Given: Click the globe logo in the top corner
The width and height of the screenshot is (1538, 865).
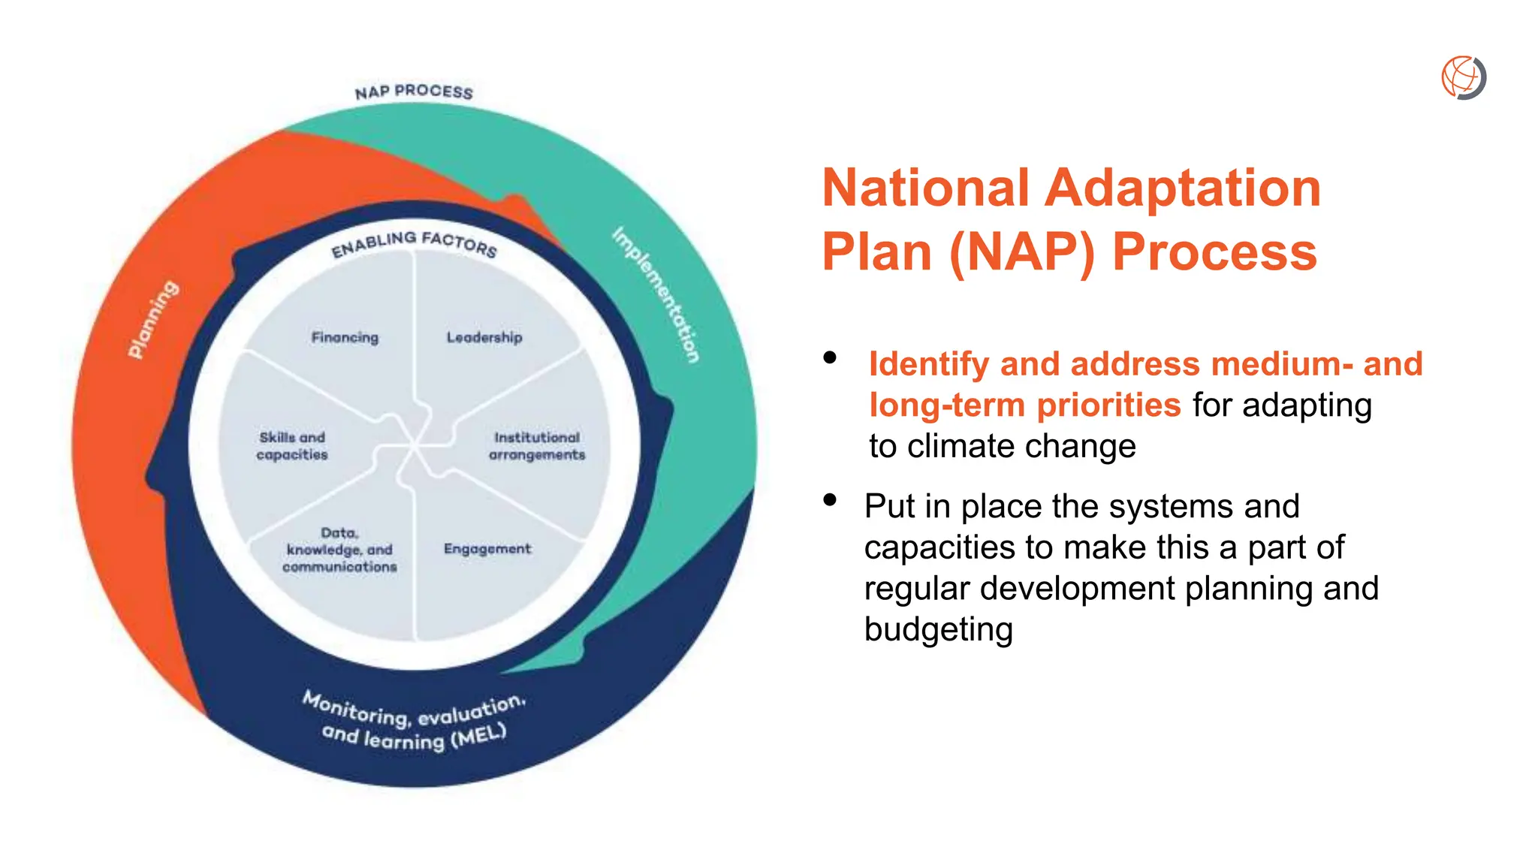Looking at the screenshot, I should click(1464, 77).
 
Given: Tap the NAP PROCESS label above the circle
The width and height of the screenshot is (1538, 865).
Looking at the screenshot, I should click(414, 92).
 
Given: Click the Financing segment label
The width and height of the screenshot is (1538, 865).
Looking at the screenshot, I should click(345, 337).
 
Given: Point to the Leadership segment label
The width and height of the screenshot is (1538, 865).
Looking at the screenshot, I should click(484, 337).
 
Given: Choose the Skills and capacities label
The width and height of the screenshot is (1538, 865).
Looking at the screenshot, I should click(292, 446).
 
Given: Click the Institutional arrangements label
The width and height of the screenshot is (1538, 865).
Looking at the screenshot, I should click(536, 446).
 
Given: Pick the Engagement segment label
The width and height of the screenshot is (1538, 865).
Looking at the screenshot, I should click(487, 549).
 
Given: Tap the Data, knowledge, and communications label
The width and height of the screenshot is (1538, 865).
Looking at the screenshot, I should click(339, 550).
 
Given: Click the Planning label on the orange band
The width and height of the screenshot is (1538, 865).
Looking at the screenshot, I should click(153, 319).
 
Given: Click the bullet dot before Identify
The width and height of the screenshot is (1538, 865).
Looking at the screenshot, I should click(830, 357).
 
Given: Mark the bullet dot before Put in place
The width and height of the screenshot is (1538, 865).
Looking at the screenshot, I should click(830, 499).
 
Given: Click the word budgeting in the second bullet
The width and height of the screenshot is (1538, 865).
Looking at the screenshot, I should click(938, 630).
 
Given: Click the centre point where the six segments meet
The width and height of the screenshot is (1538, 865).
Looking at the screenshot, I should click(414, 446).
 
